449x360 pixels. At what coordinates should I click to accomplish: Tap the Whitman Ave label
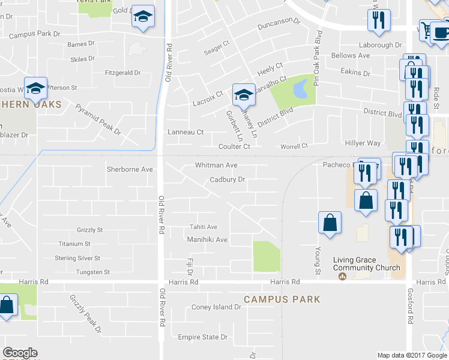(216, 165)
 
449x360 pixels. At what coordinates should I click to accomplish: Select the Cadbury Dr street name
(228, 179)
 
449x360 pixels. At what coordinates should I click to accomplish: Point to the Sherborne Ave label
(130, 169)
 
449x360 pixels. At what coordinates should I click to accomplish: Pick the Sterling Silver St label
(77, 258)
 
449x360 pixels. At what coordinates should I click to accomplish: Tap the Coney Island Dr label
(216, 307)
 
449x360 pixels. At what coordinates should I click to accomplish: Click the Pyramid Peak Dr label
(98, 119)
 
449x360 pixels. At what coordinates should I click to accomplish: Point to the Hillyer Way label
(363, 143)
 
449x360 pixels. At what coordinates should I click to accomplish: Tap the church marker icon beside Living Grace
(342, 277)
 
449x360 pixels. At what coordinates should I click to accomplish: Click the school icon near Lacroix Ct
(244, 94)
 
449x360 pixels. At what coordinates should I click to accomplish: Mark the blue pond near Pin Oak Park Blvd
(300, 91)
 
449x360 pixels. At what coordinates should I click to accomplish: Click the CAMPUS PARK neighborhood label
(282, 299)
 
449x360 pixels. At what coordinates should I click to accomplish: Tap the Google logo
(20, 353)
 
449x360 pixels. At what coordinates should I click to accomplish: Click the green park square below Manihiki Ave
(267, 256)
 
